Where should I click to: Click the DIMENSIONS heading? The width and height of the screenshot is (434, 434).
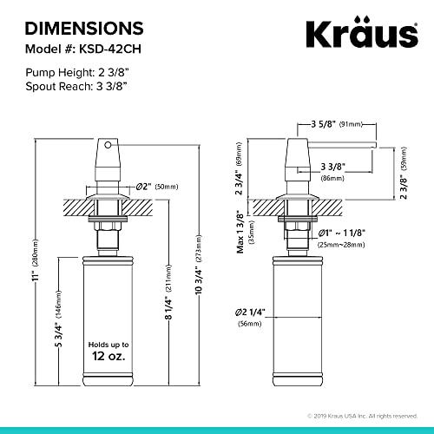84,29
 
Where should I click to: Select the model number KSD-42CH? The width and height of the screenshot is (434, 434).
110,49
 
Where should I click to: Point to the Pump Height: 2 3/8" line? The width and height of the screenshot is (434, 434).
76,72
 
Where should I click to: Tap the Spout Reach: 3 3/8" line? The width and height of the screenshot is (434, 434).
76,86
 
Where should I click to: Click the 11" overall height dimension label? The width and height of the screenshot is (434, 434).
36,276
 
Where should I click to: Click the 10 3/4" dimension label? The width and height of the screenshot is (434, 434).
199,280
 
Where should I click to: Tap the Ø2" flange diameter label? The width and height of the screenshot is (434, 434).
144,186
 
